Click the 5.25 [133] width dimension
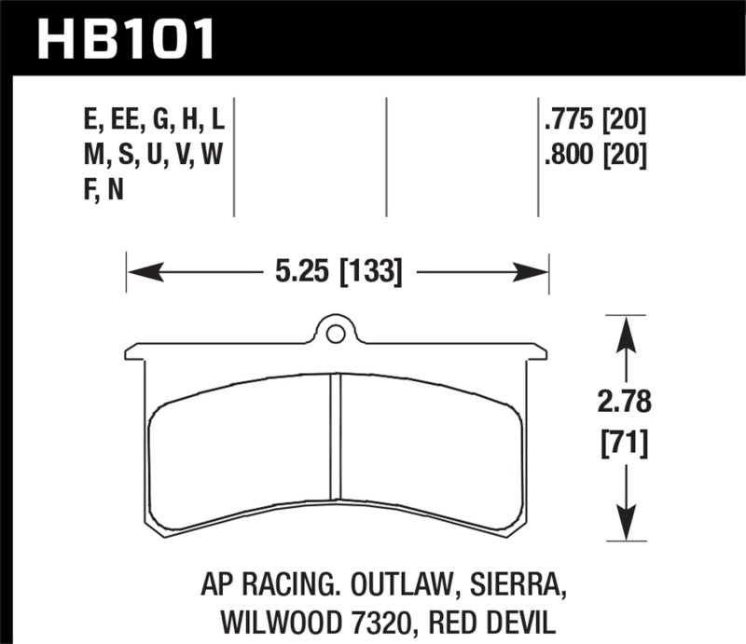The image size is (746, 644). click(x=338, y=272)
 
